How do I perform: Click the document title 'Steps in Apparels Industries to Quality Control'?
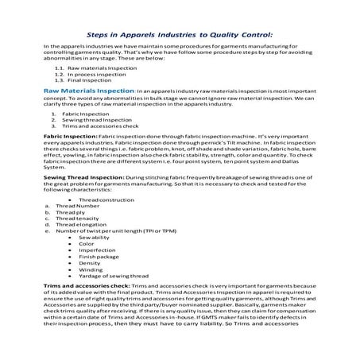[x=179, y=36]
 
